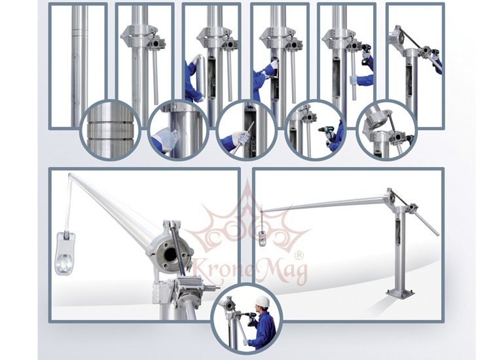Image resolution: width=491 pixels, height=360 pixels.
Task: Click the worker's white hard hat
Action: click(x=262, y=302)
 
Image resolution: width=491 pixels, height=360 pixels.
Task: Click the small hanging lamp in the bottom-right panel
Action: click(x=263, y=238)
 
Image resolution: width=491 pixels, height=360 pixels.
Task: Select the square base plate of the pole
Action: click(x=400, y=293)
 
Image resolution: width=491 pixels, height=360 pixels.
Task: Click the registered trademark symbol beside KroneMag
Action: click(x=300, y=255)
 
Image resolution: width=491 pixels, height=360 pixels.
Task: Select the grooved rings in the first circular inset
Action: click(x=110, y=130)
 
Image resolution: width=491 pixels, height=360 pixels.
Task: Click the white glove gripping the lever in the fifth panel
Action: click(x=354, y=79)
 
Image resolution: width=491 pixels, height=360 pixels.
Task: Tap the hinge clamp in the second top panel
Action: click(x=143, y=37)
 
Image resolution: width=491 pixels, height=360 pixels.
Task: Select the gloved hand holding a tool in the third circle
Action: click(x=240, y=138)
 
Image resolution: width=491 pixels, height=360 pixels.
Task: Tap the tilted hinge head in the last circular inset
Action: click(x=377, y=120)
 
